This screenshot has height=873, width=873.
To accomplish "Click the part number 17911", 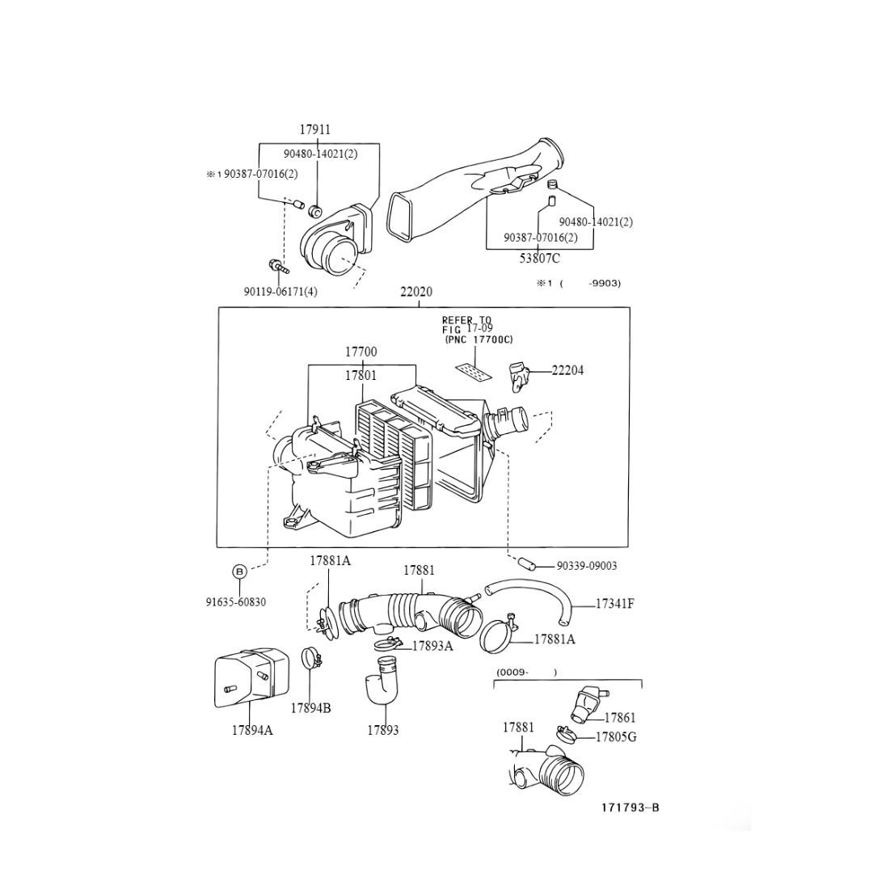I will (314, 129).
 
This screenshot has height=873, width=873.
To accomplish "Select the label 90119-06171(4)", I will (280, 292).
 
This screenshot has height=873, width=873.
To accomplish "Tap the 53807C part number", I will (539, 259).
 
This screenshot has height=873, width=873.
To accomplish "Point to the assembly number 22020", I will (416, 292).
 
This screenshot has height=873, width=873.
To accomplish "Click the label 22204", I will (567, 371).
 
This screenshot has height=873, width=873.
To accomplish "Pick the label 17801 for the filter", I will (361, 376).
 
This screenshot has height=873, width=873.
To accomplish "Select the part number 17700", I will (361, 352).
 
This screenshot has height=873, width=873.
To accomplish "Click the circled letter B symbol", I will (239, 571).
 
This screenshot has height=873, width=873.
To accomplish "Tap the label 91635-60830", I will (236, 602).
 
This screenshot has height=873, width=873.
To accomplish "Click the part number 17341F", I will (614, 603).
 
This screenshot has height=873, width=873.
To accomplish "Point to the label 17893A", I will (432, 646).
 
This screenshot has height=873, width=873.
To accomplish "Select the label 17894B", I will (310, 708).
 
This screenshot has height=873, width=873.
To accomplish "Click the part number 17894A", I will (252, 730).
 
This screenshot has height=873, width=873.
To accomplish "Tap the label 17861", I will (620, 717).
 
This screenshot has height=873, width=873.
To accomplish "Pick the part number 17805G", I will (616, 737).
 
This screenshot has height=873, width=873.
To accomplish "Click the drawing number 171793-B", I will (630, 808).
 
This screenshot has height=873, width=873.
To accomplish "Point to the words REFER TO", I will (466, 320).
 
